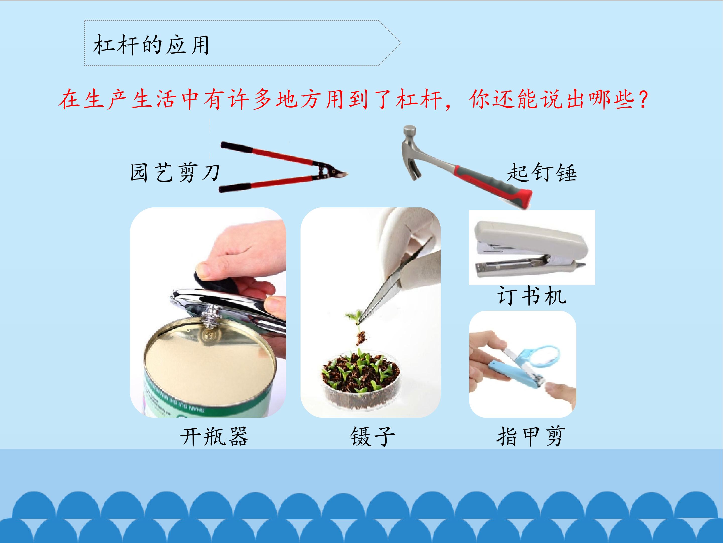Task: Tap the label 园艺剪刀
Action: pos(175,172)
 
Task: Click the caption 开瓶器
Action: pos(214,436)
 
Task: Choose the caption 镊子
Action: pos(372,436)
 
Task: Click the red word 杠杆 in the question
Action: pos(419,100)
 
